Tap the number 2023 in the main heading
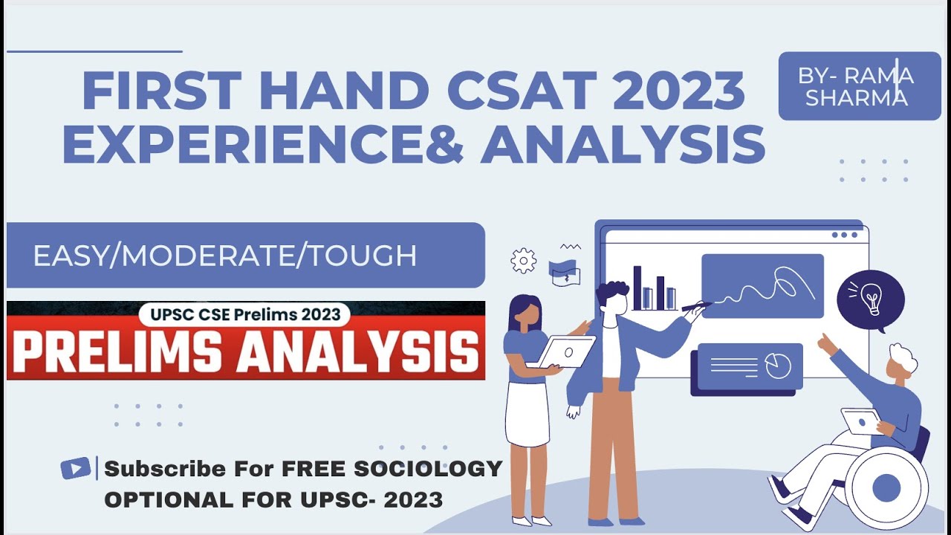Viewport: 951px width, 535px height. point(679,91)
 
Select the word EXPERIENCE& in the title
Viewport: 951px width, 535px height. point(263,143)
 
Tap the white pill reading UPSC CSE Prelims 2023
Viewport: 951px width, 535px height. point(245,314)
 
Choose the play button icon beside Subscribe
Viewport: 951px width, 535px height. point(76,468)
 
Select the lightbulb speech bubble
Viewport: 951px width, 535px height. point(871,301)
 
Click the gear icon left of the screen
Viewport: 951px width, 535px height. point(524,260)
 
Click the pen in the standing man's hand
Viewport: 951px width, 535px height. point(697,305)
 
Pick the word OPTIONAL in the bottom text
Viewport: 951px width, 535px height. point(169,499)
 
